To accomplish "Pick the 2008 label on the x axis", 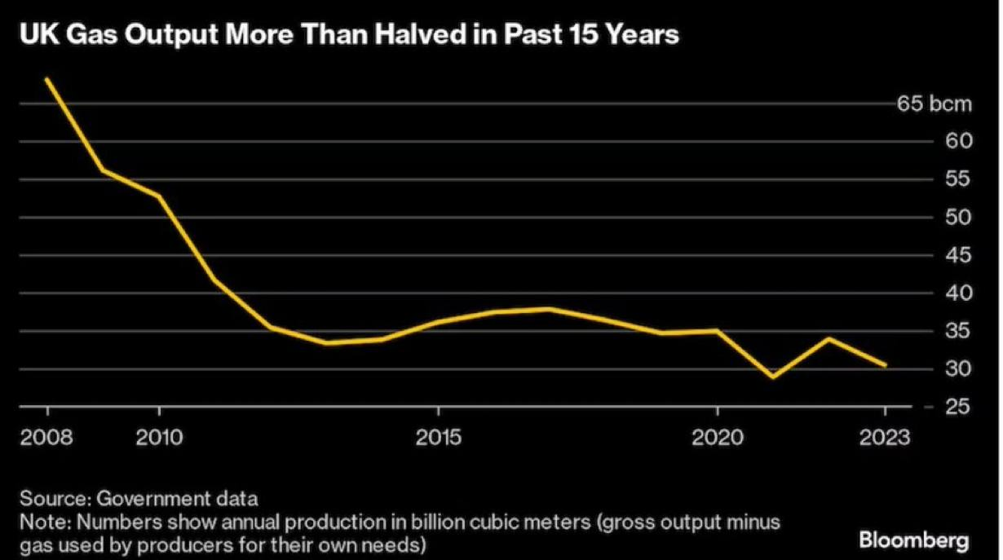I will pos(47,438).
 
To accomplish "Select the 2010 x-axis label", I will pos(159,438).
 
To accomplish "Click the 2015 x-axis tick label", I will pos(439,438).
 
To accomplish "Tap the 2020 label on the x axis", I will pos(718,438).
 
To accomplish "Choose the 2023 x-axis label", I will pos(886,438).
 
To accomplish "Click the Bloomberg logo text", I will pos(916,539).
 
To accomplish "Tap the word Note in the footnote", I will pos(38,521).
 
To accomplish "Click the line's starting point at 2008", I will pos(46,79).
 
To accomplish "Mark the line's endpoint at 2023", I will pos(886,365).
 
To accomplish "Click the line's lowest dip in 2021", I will pos(773,377).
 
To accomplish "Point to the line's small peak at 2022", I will pos(829,338).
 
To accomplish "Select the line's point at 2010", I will pos(159,196).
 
